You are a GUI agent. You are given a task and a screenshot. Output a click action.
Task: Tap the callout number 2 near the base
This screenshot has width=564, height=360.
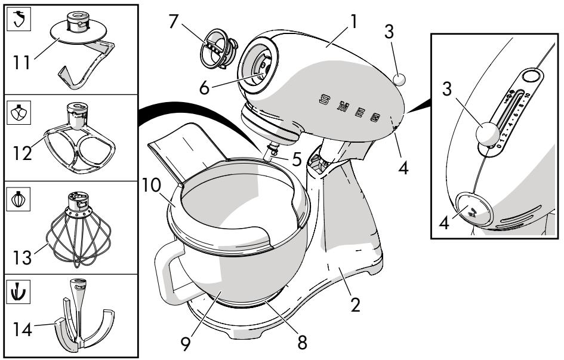[355, 306]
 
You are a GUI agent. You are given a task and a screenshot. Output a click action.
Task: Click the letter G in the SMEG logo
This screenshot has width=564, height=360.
[376, 116]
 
